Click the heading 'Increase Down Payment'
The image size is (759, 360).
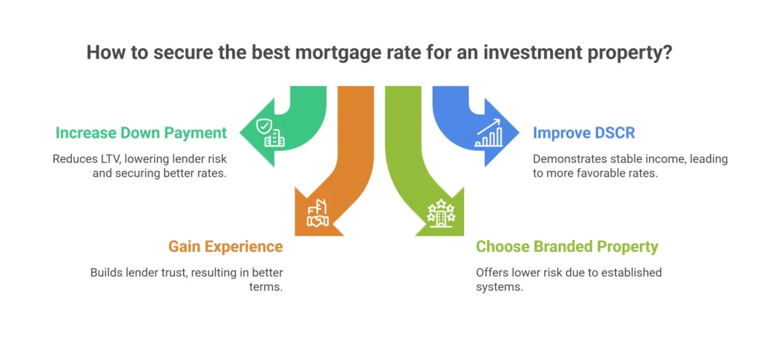[x=140, y=133]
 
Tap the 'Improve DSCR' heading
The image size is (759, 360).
[x=583, y=133]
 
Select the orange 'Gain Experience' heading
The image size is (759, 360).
[x=225, y=247]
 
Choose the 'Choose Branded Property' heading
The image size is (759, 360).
[x=567, y=247]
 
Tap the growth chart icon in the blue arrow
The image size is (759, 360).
[x=488, y=134]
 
